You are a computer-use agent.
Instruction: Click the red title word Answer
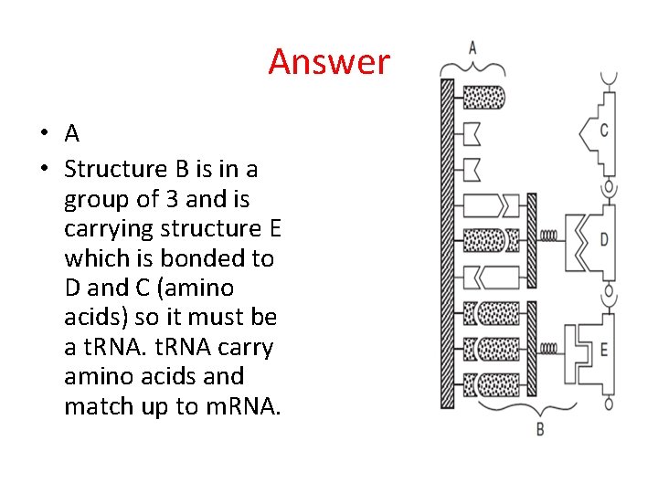[x=329, y=62]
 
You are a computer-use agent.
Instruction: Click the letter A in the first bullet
[x=72, y=134]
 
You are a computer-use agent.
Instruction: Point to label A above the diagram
[x=472, y=47]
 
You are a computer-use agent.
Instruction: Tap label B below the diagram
[x=540, y=428]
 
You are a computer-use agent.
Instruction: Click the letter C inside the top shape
[x=604, y=131]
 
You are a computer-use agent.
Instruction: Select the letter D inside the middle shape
[x=604, y=239]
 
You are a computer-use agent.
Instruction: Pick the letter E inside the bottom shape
[x=604, y=348]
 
